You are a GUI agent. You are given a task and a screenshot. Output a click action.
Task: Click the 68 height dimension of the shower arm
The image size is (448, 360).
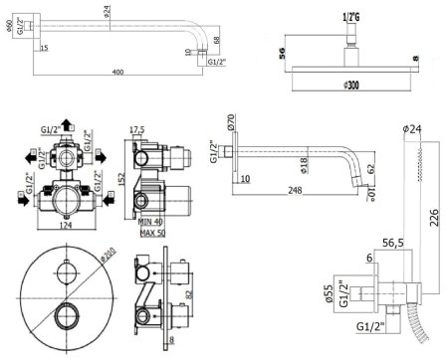(218, 44)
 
